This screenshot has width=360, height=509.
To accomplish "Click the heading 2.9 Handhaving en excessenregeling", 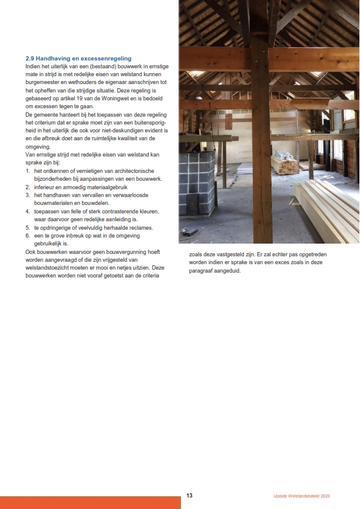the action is pos(79,58).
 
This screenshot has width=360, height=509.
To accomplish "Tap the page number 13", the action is pos(189,496).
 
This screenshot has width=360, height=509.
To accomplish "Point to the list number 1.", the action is pos(28,172).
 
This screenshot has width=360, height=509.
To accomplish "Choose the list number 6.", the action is pos(28,235).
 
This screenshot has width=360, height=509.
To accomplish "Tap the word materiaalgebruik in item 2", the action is pos(96,187).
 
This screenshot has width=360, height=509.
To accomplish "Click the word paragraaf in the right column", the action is pos(195,271).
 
